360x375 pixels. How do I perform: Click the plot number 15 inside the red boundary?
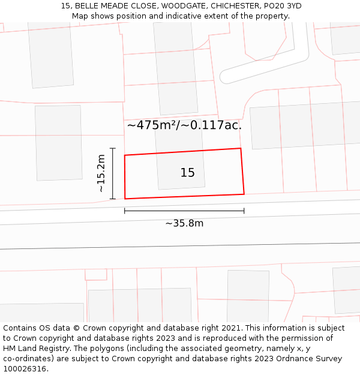pyautogui.click(x=187, y=173)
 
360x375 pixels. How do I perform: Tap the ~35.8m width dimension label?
pyautogui.click(x=184, y=223)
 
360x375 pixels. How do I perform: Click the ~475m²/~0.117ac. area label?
pyautogui.click(x=184, y=125)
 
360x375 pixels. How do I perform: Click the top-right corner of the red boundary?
pyautogui.click(x=241, y=148)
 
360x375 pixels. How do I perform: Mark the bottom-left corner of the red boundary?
pyautogui.click(x=125, y=199)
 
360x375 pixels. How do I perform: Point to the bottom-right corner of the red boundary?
pyautogui.click(x=244, y=194)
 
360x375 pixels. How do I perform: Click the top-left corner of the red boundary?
pyautogui.click(x=125, y=155)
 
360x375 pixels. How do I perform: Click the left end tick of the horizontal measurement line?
pyautogui.click(x=125, y=211)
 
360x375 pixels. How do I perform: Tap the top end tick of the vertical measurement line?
pyautogui.click(x=113, y=148)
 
